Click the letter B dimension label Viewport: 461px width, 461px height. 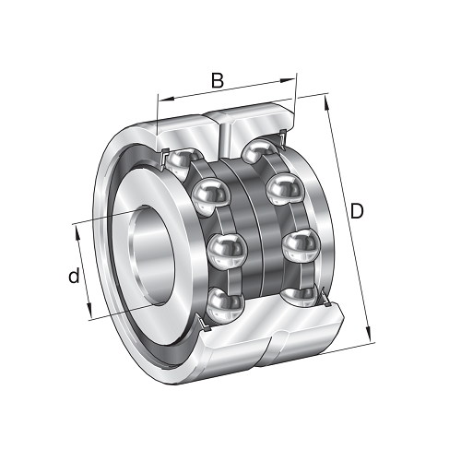click(218, 80)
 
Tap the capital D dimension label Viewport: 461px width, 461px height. click(357, 211)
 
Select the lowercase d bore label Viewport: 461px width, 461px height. click(74, 275)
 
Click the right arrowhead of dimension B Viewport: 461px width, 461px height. click(288, 80)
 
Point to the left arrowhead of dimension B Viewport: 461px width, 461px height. click(166, 99)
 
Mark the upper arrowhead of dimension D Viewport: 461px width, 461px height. click(326, 102)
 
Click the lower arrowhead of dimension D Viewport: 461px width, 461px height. click(368, 335)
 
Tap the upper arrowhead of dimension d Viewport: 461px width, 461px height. click(77, 234)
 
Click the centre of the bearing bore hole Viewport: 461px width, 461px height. click(152, 255)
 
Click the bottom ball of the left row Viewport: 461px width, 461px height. click(225, 305)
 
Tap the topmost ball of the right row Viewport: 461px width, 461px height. click(258, 150)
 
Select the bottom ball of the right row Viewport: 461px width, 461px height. click(299, 297)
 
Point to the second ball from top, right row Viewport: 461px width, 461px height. click(285, 187)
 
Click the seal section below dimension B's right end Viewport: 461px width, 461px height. click(283, 138)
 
